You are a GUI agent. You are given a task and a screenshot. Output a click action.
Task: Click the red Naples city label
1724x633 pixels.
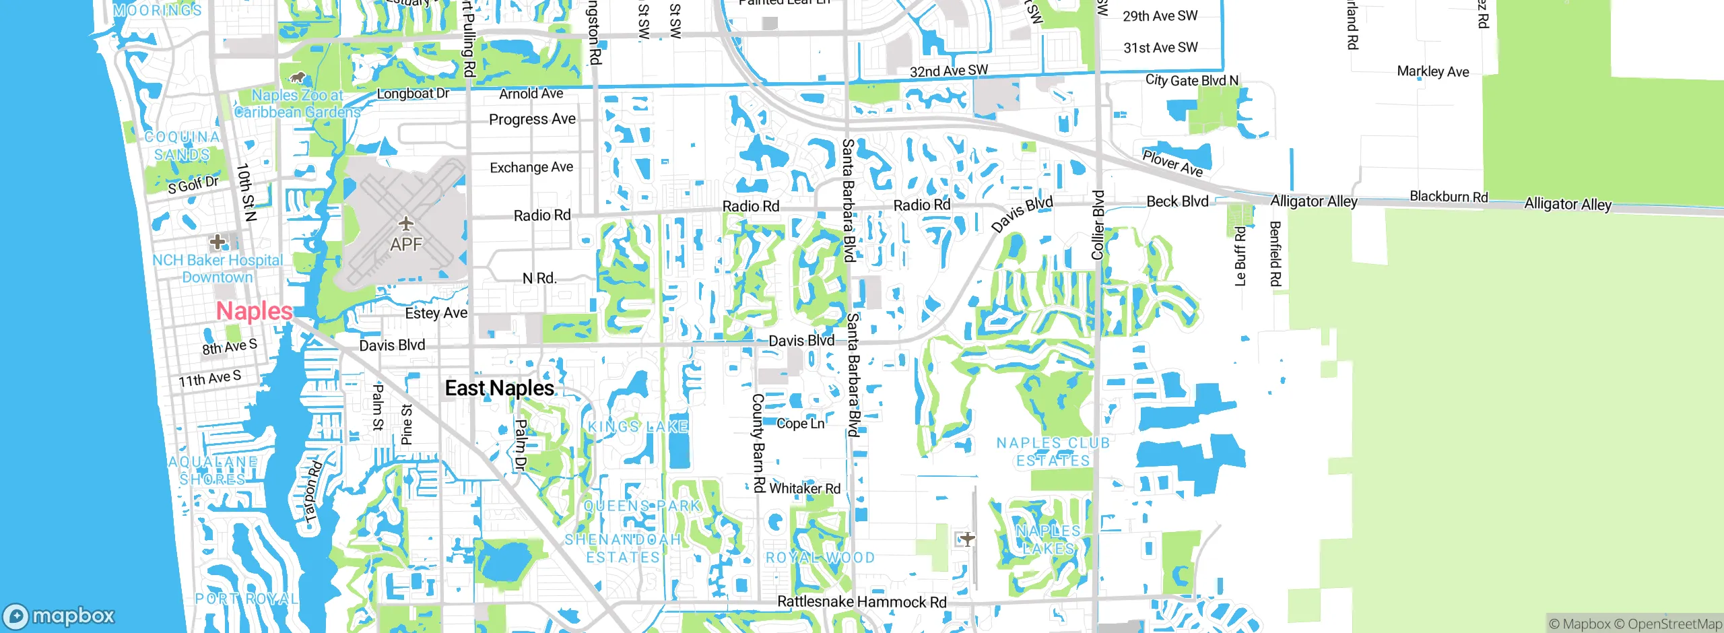click(254, 311)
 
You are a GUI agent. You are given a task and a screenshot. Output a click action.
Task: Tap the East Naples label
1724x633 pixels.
click(500, 389)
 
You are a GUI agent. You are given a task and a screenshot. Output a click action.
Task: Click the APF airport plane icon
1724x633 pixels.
click(405, 223)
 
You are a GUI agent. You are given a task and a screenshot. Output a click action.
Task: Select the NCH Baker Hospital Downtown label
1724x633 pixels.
click(218, 269)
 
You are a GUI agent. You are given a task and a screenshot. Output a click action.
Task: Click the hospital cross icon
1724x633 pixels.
click(217, 241)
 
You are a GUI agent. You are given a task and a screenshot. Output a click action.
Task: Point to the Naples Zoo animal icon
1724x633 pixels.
click(297, 78)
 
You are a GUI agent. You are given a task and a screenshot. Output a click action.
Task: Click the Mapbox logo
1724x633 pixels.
click(59, 615)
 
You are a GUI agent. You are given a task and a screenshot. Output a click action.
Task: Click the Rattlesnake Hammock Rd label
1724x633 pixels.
click(861, 602)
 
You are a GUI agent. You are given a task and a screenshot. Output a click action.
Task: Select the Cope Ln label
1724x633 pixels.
click(800, 424)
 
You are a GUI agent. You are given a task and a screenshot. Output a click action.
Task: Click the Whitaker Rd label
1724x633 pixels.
click(805, 488)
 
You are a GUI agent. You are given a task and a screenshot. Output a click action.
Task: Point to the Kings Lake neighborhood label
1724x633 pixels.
click(638, 426)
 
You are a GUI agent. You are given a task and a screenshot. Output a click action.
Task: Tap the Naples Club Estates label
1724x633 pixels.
click(1053, 452)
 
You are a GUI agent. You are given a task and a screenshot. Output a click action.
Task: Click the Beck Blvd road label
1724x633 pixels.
click(1177, 201)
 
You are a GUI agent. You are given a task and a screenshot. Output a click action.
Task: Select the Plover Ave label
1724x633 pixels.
click(1172, 163)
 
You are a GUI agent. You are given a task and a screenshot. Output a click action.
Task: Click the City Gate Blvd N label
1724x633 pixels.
click(1191, 80)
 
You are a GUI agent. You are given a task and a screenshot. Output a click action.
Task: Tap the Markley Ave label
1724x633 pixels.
click(1432, 71)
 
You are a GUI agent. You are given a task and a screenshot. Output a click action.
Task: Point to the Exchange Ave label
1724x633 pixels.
click(531, 167)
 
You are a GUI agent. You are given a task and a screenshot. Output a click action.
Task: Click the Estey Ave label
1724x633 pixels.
click(436, 313)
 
